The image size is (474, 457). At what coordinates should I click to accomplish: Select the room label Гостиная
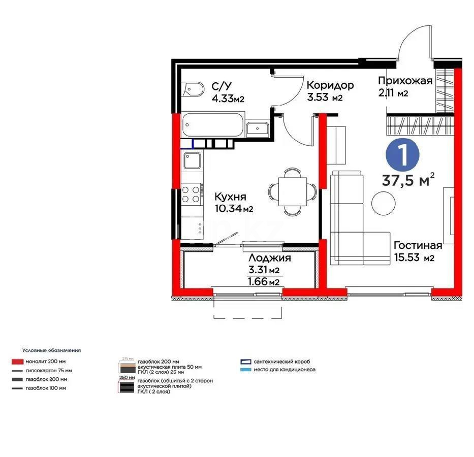[418, 246]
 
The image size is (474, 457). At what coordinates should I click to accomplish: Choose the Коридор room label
[330, 85]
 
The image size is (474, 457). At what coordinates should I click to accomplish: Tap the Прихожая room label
[405, 81]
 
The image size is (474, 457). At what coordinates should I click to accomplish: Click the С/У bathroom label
[222, 86]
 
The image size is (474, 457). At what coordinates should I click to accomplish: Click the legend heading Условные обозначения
[51, 350]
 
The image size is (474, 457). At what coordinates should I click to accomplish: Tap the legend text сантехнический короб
[283, 362]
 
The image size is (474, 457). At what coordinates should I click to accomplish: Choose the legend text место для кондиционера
[285, 370]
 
